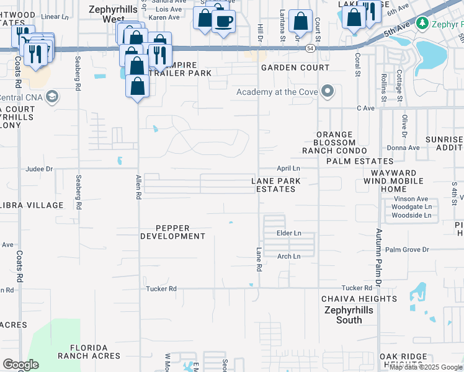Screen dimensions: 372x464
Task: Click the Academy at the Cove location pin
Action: coord(328,92)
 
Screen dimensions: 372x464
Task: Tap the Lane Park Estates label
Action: coord(276,185)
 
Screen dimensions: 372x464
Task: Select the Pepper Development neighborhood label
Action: coord(172,232)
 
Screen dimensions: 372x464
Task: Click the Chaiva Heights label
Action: coord(350,299)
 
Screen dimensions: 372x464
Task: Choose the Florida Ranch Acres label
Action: coord(89,352)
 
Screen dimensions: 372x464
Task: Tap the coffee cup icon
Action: coord(223,21)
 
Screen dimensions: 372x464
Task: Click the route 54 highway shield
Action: coord(310,48)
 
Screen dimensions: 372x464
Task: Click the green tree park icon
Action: coord(422,23)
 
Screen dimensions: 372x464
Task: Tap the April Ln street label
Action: coord(288,168)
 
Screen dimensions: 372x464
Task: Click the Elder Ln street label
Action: coord(288,233)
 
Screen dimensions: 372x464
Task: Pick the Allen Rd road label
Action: coord(138,187)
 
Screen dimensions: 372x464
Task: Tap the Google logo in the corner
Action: coord(20,365)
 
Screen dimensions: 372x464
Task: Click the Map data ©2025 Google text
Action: coord(425,367)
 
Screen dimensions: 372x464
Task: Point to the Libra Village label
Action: coord(32,205)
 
